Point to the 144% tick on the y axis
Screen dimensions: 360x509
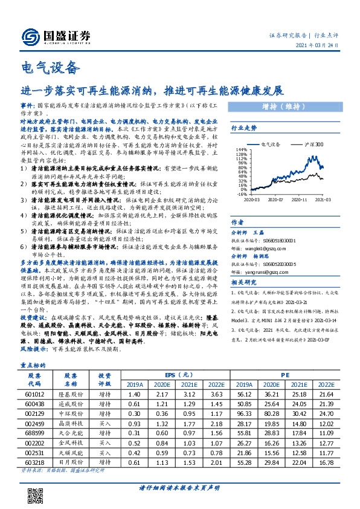click(242, 149)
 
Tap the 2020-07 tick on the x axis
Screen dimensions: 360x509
click(275, 199)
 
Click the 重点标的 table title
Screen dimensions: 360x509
click(34, 348)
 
